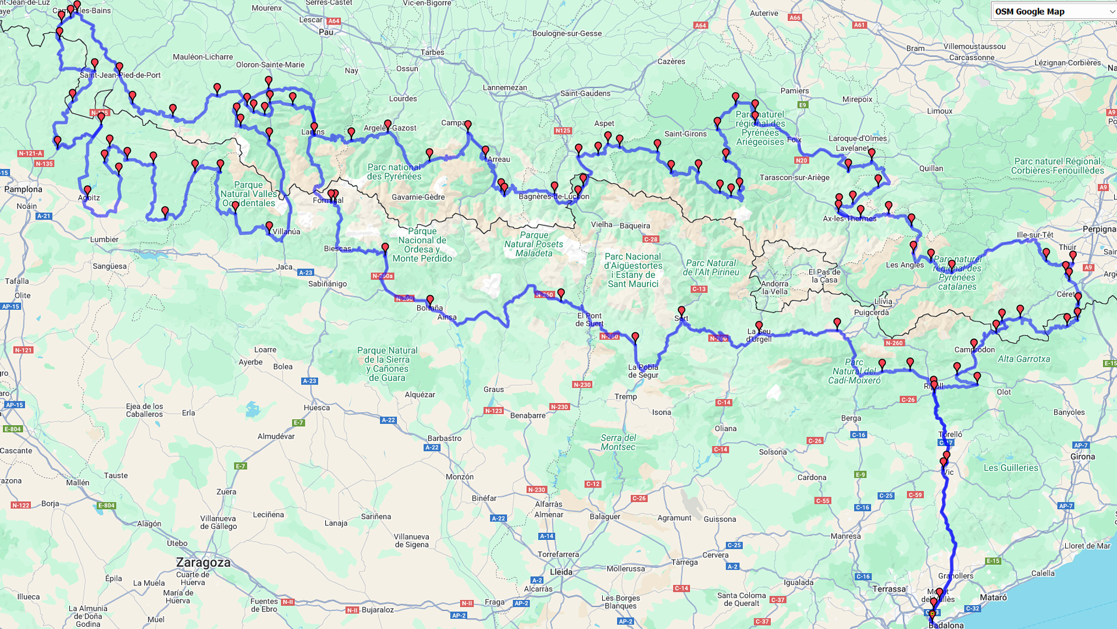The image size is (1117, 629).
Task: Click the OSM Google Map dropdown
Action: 1053,12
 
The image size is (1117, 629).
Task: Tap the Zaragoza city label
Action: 203,563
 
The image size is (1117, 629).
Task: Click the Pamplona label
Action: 23,189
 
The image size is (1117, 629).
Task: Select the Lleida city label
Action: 561,572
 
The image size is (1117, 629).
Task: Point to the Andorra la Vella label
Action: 775,288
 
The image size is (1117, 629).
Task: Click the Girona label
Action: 1082,457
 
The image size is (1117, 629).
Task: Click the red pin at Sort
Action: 681,310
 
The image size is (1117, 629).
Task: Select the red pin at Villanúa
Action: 269,226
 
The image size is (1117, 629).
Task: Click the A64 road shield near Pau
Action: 333,21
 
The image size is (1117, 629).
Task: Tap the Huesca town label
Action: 316,408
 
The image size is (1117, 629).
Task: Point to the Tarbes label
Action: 432,52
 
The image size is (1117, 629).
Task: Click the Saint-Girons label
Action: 685,134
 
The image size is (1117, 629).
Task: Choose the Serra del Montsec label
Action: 618,443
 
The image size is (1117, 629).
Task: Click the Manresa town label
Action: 845,536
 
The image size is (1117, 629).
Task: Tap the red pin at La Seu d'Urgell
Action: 759,326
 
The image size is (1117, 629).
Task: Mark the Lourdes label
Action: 403,98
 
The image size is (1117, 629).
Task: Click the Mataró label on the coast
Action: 993,598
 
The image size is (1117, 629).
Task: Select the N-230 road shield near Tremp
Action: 582,384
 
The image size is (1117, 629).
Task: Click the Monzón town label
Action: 460,477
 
